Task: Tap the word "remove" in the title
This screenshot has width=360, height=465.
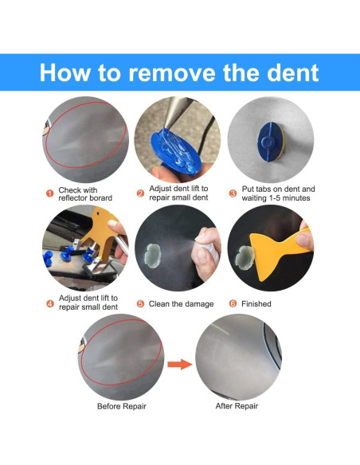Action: (x=171, y=73)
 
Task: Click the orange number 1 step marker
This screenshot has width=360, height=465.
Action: (x=50, y=193)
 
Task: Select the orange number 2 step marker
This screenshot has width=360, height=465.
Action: (x=140, y=193)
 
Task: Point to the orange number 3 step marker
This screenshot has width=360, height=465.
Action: (x=233, y=193)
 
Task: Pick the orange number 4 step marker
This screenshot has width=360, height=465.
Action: (x=50, y=303)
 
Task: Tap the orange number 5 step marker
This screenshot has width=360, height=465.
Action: (x=140, y=304)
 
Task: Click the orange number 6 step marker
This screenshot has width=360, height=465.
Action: (x=233, y=303)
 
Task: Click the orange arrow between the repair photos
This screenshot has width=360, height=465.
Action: (x=180, y=364)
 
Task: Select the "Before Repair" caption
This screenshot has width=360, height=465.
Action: (x=122, y=406)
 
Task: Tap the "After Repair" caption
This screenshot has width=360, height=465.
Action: (x=237, y=406)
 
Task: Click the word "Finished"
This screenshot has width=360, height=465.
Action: (x=256, y=304)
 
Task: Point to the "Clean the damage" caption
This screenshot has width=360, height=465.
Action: (x=181, y=304)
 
